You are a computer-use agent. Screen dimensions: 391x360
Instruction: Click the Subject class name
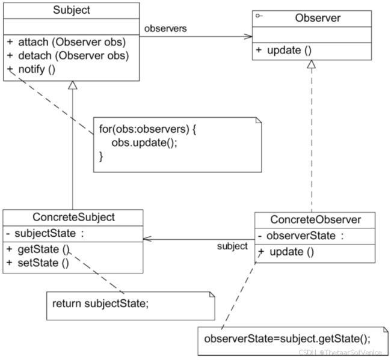[x=72, y=10]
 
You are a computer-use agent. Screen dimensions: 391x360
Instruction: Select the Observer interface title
[x=318, y=18]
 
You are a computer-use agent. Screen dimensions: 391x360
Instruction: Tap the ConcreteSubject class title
[x=73, y=217]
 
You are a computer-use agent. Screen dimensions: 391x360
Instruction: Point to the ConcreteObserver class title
[x=315, y=220]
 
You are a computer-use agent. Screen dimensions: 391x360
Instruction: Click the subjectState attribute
[x=45, y=234]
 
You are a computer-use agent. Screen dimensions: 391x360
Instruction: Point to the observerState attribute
[x=301, y=236]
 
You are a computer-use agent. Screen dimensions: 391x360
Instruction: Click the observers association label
[x=165, y=29]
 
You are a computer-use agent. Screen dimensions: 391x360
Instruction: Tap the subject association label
[x=232, y=246]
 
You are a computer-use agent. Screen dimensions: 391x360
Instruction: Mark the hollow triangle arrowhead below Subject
[x=73, y=85]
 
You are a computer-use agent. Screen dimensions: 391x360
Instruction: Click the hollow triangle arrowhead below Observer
[x=311, y=64]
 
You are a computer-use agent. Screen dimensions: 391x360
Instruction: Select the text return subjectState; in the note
[x=100, y=304]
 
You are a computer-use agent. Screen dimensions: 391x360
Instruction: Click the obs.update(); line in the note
[x=144, y=143]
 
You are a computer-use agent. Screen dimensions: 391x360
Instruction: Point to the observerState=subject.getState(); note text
[x=288, y=339]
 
